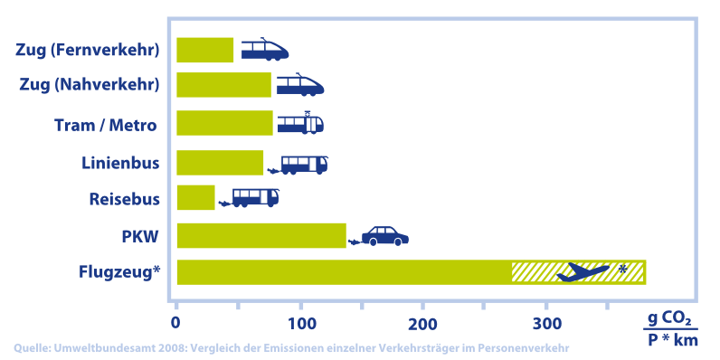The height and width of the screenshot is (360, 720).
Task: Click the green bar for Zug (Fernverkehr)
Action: pyautogui.click(x=204, y=50)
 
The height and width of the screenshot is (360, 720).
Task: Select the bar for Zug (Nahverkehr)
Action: pyautogui.click(x=223, y=85)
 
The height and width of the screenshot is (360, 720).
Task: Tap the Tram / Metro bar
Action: pyautogui.click(x=224, y=123)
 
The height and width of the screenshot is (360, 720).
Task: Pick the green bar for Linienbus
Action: pyautogui.click(x=220, y=163)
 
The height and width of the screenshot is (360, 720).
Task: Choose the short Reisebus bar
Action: pyautogui.click(x=195, y=197)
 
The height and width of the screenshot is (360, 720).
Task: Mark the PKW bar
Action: pyautogui.click(x=261, y=235)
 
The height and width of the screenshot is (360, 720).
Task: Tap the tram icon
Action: pyautogui.click(x=300, y=123)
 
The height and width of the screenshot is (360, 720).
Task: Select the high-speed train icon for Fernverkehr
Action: pyautogui.click(x=264, y=49)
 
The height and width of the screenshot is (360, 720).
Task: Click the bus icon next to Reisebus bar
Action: pyautogui.click(x=255, y=197)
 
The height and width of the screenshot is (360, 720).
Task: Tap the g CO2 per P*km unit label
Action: pyautogui.click(x=669, y=329)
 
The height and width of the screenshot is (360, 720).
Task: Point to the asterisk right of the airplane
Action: pyautogui.click(x=622, y=269)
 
